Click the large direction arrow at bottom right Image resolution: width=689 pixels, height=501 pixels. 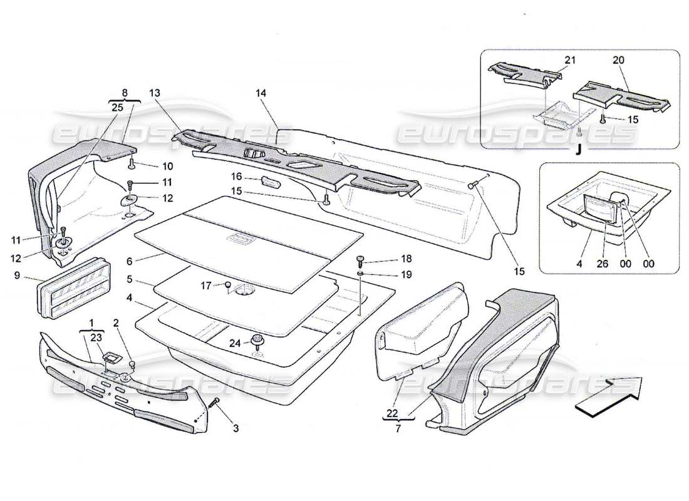[x=608, y=396]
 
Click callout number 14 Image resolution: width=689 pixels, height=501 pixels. [x=261, y=93]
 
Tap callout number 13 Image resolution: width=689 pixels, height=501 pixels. [x=154, y=93]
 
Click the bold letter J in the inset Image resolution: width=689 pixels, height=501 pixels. [x=579, y=150]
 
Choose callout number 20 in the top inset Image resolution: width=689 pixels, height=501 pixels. [x=618, y=60]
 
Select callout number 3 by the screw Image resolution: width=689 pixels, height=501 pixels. [x=236, y=428]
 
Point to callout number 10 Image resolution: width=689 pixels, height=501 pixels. [x=168, y=167]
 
